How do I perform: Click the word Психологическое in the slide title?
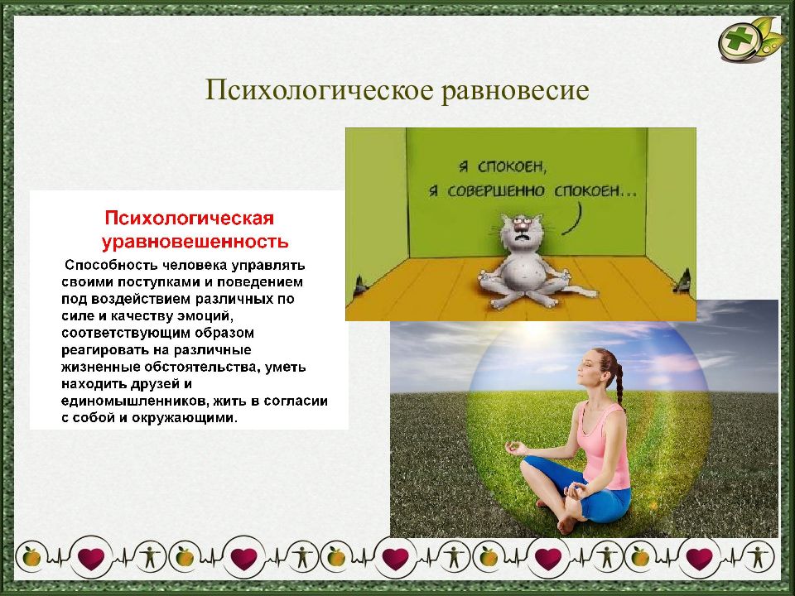319,91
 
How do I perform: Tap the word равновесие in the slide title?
515,91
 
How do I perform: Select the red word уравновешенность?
195,241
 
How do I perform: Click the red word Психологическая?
189,219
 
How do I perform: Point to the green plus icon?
739,41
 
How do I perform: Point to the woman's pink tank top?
604,445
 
